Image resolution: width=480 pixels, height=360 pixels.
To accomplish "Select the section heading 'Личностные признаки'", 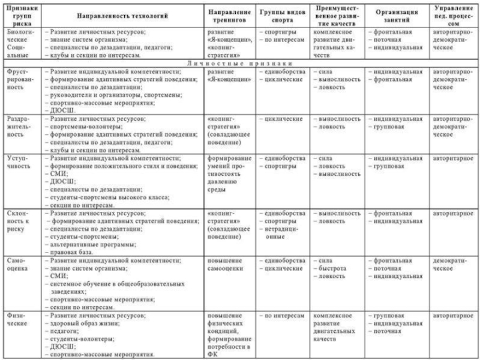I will pos(239,63).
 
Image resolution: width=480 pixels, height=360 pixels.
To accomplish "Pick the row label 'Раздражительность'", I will pos(20,127).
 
